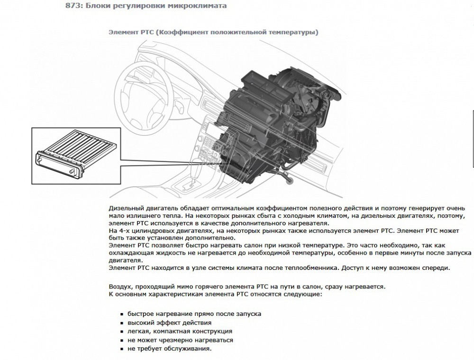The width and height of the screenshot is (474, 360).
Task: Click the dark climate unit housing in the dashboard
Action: (x=278, y=121)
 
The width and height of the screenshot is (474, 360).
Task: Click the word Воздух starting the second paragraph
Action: (x=120, y=286)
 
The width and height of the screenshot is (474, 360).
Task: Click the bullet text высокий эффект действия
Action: (x=170, y=323)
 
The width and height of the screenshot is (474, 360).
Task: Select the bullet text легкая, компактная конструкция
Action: (x=180, y=331)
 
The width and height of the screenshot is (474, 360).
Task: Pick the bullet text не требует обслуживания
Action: (x=170, y=349)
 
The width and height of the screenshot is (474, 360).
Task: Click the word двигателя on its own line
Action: (x=125, y=260)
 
